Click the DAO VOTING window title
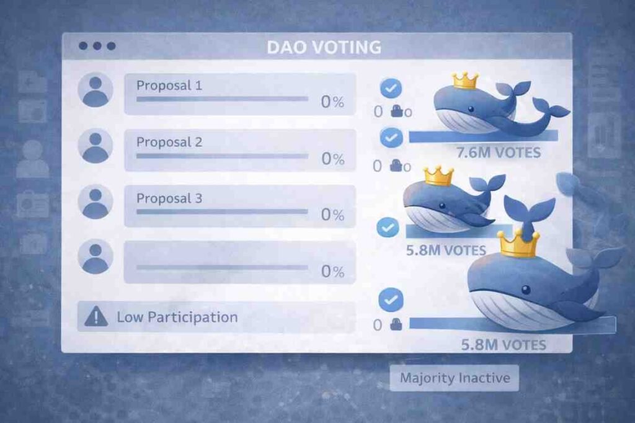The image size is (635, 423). coord(324,47)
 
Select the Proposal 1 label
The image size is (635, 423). coord(169,85)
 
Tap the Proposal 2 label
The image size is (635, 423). coord(169,142)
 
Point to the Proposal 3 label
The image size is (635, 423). coord(169,198)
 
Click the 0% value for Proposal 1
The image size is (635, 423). coord(332,102)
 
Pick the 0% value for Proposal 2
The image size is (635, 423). coord(332,159)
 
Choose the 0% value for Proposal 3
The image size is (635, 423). coord(332,215)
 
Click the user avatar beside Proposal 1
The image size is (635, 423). coord(95,89)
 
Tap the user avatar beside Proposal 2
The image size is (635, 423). coord(95,146)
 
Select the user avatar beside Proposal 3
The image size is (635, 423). coord(95,202)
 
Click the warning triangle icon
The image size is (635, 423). coord(95,318)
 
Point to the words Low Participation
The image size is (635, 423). coord(177,318)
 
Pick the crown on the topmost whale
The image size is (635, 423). coord(465,80)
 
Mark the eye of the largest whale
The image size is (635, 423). coord(525,290)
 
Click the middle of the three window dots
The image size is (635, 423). coord(97,46)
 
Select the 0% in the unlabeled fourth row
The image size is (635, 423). coord(332,271)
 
